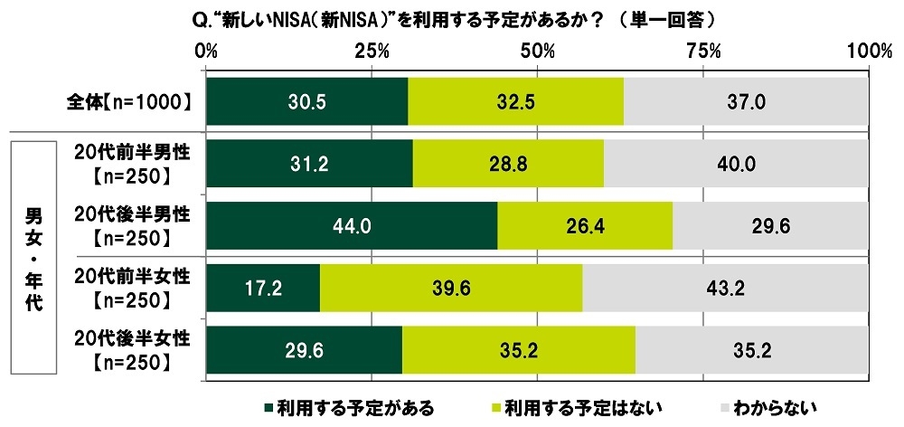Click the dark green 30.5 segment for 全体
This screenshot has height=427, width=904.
pyautogui.click(x=306, y=101)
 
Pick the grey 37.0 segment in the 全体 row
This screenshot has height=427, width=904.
pyautogui.click(x=746, y=101)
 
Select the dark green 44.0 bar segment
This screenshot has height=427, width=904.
pyautogui.click(x=352, y=225)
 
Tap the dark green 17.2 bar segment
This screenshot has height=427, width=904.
pyautogui.click(x=263, y=288)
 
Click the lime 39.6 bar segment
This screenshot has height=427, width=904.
pyautogui.click(x=451, y=288)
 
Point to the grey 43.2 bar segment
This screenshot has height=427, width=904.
pyautogui.click(x=725, y=288)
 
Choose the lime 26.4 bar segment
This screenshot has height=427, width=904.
pyautogui.click(x=585, y=225)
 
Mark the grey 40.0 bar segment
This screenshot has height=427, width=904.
pyautogui.click(x=736, y=164)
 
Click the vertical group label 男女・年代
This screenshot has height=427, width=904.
pyautogui.click(x=33, y=257)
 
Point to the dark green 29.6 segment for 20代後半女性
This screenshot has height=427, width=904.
pyautogui.click(x=304, y=349)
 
